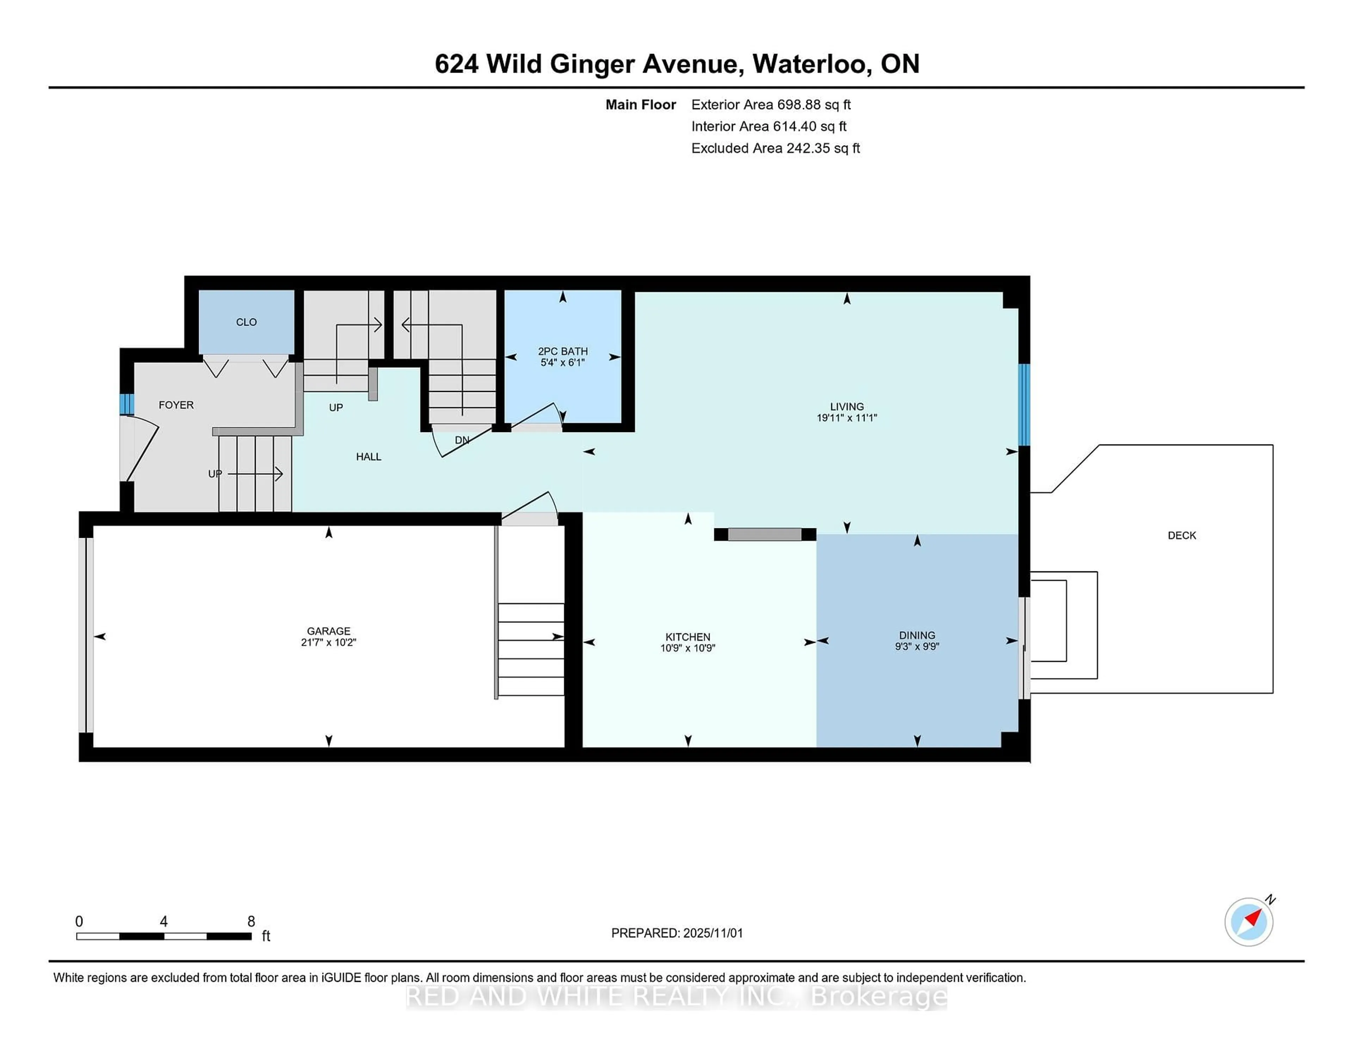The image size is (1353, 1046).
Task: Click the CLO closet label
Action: pos(246,322)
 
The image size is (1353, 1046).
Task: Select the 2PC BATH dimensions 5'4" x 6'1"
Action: pos(562,363)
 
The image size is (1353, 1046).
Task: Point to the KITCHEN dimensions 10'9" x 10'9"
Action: pos(688,648)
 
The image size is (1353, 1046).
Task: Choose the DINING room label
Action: pos(917,635)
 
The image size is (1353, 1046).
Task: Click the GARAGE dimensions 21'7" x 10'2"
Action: pos(328,642)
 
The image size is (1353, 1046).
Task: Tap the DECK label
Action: pos(1181,535)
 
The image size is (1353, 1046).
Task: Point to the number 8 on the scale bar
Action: pos(251,922)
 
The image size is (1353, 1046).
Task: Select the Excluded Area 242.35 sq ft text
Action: pos(775,148)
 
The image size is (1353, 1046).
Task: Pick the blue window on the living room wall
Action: pos(1024,405)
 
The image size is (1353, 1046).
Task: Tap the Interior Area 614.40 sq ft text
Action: pos(768,127)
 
